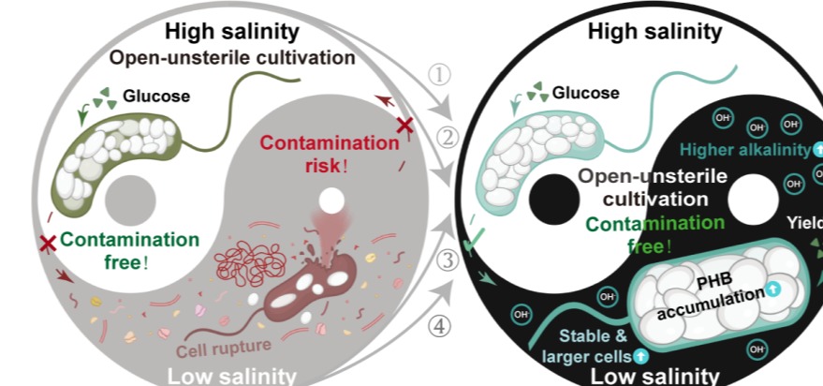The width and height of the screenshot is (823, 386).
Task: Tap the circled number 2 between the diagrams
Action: coord(447,138)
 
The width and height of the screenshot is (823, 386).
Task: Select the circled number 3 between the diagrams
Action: coord(448,260)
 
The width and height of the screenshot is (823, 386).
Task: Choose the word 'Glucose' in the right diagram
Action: coord(585,92)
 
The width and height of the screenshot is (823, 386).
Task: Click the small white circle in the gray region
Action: coord(331,200)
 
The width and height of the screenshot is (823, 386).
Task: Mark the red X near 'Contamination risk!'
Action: coord(404,125)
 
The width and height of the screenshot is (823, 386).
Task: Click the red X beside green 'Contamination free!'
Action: coord(46,244)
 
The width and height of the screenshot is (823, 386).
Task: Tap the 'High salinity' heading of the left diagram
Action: coord(232,31)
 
